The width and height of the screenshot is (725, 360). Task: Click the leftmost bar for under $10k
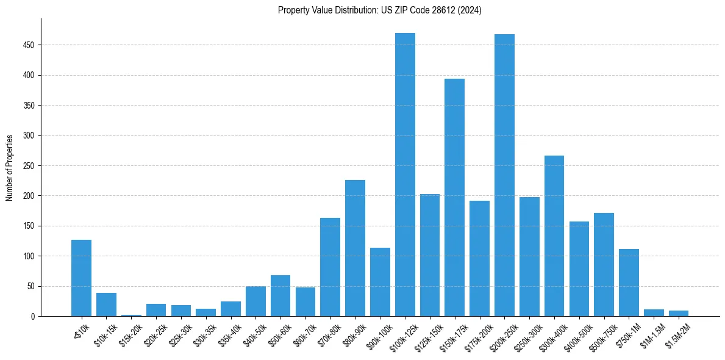81,278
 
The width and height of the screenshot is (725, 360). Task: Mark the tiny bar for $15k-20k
131,315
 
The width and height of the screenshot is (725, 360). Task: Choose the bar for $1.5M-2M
679,313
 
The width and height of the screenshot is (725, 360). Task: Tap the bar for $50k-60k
280,295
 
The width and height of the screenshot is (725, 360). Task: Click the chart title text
379,10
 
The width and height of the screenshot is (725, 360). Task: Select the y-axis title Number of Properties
10,168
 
